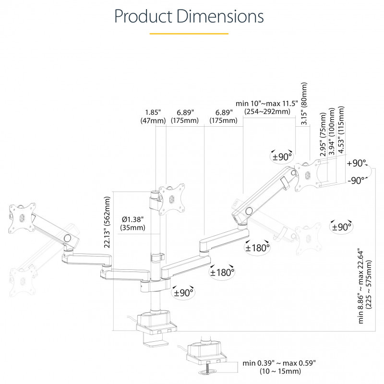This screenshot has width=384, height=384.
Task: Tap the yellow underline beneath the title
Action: pyautogui.click(x=189, y=34)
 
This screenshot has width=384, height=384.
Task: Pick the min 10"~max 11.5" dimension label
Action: pyautogui.click(x=267, y=108)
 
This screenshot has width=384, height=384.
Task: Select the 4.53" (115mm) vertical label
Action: pyautogui.click(x=341, y=130)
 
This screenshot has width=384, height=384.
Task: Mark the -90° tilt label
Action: pyautogui.click(x=355, y=180)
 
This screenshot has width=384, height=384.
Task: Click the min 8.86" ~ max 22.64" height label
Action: pyautogui.click(x=365, y=286)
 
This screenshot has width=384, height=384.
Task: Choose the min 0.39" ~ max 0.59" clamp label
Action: pyautogui.click(x=279, y=367)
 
